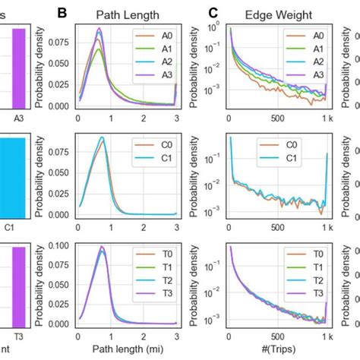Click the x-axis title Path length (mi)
128,350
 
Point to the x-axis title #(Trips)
279,350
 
